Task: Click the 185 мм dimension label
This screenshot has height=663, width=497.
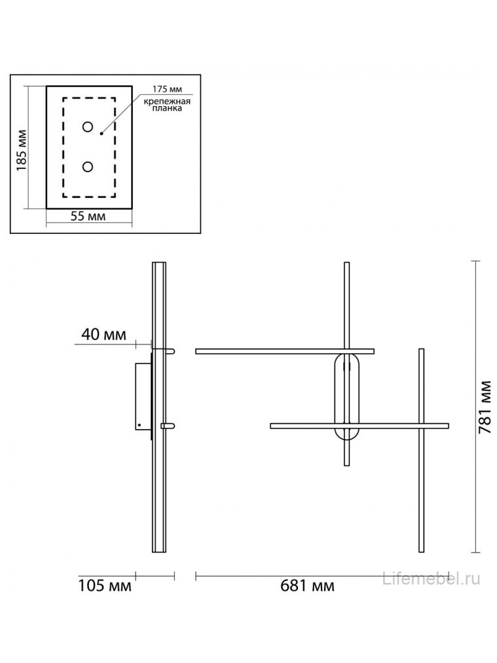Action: (22, 149)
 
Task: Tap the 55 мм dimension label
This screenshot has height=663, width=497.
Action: (89, 218)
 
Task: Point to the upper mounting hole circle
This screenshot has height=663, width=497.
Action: (87, 126)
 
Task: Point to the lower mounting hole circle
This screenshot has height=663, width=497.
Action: (87, 166)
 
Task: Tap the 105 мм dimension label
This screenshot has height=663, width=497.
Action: (105, 585)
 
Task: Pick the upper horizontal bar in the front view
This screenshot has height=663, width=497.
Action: (284, 351)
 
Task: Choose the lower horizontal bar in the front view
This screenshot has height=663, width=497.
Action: (359, 426)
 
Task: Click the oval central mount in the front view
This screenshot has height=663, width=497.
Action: (346, 396)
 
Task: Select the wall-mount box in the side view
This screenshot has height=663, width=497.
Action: (142, 396)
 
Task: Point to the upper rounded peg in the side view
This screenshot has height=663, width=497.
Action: (168, 351)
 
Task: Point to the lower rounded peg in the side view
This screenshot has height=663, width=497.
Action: (168, 426)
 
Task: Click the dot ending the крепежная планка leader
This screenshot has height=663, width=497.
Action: (101, 133)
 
